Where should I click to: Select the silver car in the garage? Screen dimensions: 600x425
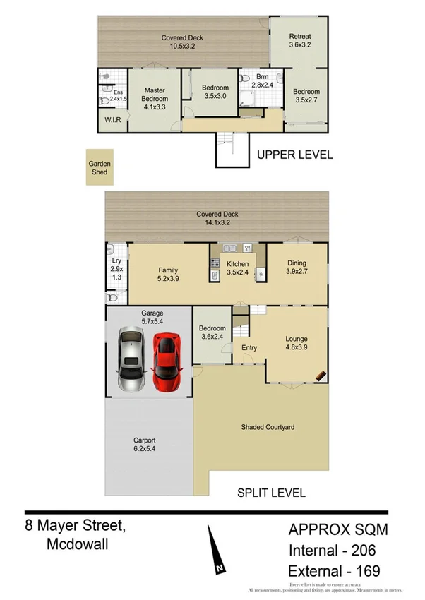tap(131, 360)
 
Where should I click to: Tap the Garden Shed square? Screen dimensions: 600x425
tap(100, 167)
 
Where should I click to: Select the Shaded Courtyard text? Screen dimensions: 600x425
tap(267, 427)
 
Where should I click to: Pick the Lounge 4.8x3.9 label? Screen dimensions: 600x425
tap(297, 342)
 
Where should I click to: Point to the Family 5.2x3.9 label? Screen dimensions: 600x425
tap(168, 275)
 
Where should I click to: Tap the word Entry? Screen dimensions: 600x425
tap(249, 348)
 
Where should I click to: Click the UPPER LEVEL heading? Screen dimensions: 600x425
tap(294, 155)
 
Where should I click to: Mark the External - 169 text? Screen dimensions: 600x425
tap(333, 570)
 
